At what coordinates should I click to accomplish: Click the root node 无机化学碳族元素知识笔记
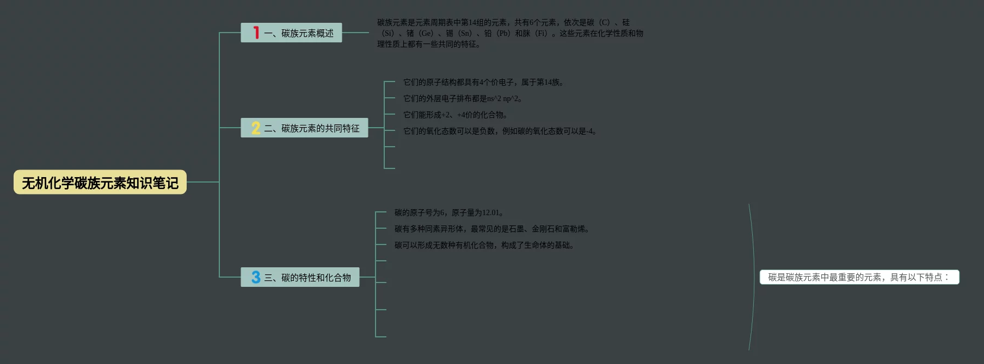(100, 183)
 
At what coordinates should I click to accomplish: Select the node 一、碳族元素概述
(298, 33)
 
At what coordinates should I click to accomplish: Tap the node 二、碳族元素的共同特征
(311, 128)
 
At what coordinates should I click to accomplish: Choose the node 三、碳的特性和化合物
(307, 278)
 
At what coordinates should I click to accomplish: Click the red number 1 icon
(256, 33)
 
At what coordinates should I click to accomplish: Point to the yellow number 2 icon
(256, 128)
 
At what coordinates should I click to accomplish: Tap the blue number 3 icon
(256, 277)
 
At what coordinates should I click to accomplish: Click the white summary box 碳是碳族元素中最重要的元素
(859, 277)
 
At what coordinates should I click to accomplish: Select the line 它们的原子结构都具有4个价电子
(483, 83)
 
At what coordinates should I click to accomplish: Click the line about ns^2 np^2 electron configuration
(463, 99)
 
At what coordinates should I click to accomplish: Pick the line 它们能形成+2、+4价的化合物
(456, 115)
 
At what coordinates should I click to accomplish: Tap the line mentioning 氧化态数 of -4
(500, 131)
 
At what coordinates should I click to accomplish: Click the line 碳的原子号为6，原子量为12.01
(450, 213)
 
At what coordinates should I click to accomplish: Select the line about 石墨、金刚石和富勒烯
(492, 229)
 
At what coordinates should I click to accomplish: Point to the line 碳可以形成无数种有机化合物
(484, 246)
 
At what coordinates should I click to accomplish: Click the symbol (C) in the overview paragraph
(604, 23)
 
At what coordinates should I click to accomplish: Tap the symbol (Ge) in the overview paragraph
(426, 34)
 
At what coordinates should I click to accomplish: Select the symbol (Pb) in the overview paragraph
(503, 34)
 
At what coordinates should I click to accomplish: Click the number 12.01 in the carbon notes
(490, 213)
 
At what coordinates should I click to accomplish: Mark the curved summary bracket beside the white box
(753, 277)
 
